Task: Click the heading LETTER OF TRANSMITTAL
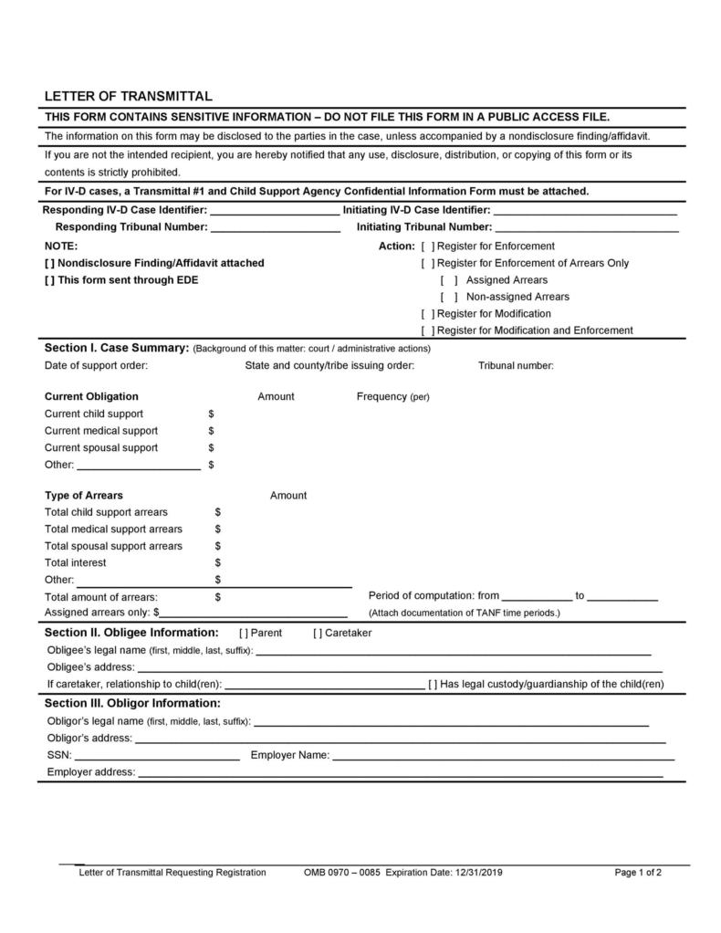click(129, 96)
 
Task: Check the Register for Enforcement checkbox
click(428, 246)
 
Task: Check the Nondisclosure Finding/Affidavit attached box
click(50, 263)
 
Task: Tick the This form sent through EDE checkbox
click(50, 280)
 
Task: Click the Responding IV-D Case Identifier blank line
click(275, 211)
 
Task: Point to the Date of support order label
click(96, 365)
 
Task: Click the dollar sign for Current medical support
click(211, 431)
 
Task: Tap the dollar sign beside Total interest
click(218, 562)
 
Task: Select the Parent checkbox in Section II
click(244, 633)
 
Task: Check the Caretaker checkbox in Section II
click(318, 633)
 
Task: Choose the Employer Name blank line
click(503, 756)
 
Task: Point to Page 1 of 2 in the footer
click(638, 872)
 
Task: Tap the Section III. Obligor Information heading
click(132, 703)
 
